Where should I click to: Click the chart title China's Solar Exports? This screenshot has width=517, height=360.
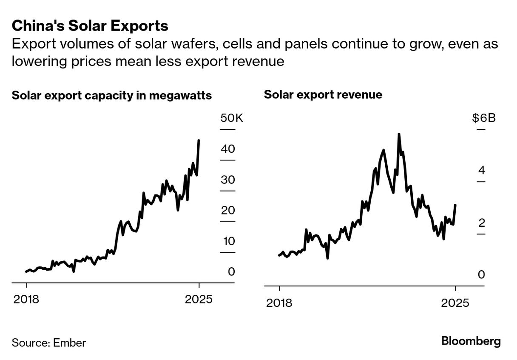[90, 26]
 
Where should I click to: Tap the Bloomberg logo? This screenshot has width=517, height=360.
[471, 341]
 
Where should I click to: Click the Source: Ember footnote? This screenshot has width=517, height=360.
[48, 343]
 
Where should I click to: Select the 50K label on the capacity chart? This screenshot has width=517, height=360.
[232, 118]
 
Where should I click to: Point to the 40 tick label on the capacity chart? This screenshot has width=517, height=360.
[228, 149]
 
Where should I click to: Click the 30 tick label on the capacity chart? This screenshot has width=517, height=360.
[228, 180]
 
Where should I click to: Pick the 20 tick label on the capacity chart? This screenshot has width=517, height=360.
[228, 211]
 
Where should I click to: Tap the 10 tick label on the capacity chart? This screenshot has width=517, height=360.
[228, 241]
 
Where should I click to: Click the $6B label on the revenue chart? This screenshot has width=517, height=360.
[484, 118]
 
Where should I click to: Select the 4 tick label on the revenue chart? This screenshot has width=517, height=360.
[481, 170]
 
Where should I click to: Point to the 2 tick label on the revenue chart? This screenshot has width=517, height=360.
[481, 223]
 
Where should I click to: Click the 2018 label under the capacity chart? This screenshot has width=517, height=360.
[26, 299]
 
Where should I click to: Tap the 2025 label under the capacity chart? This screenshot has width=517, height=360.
[199, 299]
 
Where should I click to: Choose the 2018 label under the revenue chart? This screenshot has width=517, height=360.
[279, 303]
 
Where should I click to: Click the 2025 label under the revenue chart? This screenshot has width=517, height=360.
[455, 303]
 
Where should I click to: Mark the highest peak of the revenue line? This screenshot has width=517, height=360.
[399, 134]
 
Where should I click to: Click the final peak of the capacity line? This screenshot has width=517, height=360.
[199, 140]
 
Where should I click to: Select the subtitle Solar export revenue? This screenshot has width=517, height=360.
[323, 94]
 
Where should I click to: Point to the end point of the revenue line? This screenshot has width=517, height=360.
[455, 205]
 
